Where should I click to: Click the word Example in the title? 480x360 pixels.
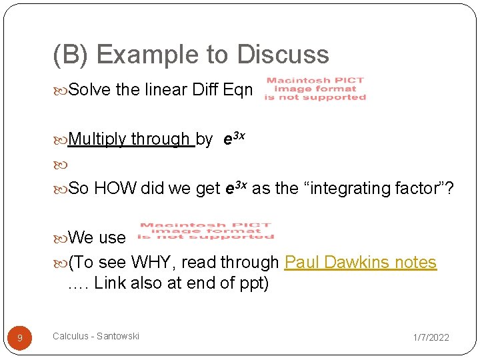click(143, 55)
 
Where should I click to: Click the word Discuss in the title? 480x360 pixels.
click(279, 55)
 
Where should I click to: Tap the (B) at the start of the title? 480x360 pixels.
click(70, 55)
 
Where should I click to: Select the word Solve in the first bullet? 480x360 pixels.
click(90, 89)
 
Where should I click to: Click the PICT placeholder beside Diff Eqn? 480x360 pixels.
click(315, 89)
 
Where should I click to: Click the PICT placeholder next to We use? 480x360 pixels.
click(205, 231)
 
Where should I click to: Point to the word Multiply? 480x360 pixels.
click(97, 139)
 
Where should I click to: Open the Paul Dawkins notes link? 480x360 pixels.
click(360, 263)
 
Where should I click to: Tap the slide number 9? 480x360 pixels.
click(20, 339)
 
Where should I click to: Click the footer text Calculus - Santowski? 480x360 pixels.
click(96, 336)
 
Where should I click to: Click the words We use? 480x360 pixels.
click(97, 237)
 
